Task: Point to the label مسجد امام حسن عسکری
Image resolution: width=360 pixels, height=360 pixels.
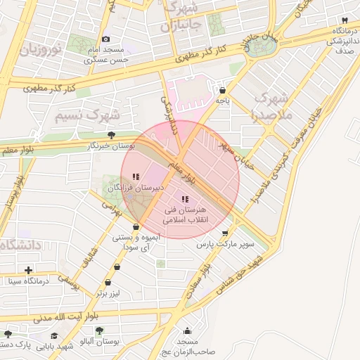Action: click(105, 55)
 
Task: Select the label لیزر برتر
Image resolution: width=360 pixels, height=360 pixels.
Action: click(110, 292)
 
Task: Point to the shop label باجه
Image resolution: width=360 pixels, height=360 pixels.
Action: click(223, 101)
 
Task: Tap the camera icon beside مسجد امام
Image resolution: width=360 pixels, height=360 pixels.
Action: click(105, 39)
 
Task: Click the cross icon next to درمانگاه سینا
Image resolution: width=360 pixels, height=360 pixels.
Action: click(29, 270)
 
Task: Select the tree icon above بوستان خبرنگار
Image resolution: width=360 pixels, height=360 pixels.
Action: click(111, 135)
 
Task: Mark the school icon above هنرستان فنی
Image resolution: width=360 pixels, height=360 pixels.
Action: click(185, 200)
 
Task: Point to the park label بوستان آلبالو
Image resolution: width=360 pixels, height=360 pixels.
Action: click(100, 341)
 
